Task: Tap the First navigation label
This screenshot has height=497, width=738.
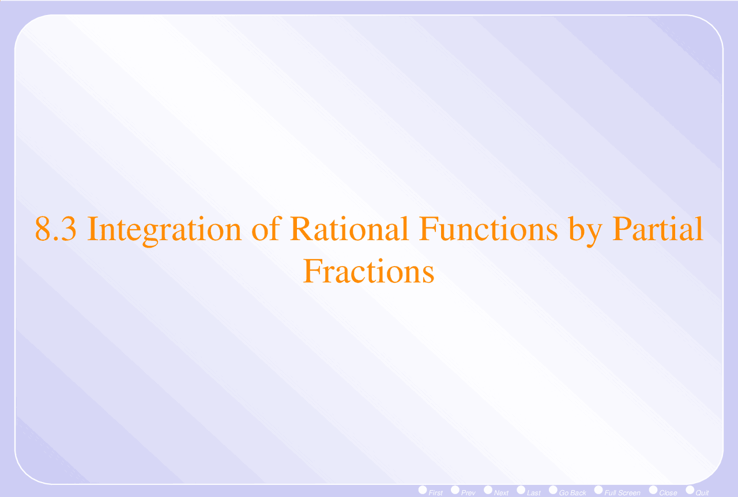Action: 436,492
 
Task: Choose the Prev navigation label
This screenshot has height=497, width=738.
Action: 468,492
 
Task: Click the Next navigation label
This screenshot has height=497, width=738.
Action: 501,492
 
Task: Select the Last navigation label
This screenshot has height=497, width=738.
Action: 534,492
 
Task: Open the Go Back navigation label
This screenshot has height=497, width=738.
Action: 573,492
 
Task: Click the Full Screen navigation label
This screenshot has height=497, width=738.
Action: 622,492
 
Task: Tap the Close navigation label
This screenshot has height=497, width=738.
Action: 668,492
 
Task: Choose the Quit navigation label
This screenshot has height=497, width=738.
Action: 702,492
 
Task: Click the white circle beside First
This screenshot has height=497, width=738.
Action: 423,490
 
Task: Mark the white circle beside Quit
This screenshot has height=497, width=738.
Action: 690,490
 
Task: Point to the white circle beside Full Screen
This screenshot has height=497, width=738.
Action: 598,490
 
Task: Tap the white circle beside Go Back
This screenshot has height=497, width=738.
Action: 553,490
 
